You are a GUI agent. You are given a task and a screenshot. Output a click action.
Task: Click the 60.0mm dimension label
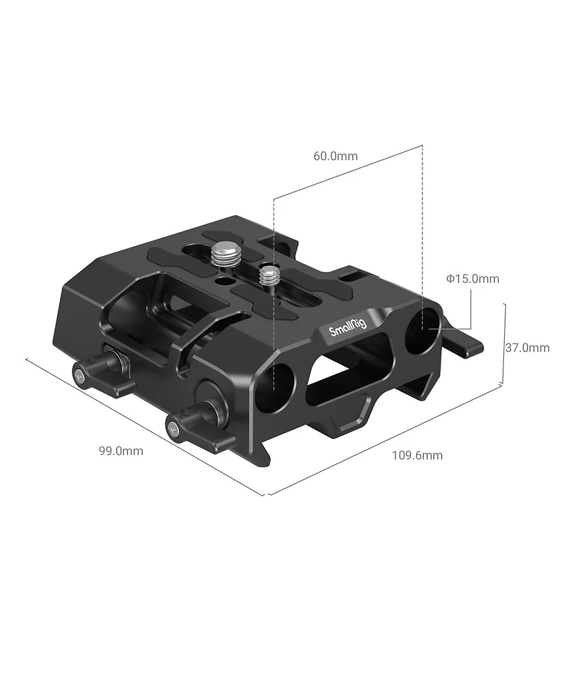pos(336,156)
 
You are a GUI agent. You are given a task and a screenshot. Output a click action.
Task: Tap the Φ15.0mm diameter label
pos(472,279)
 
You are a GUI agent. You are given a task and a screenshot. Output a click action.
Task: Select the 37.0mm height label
pos(527,347)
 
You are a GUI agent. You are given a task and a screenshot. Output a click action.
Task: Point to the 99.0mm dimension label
pos(121,451)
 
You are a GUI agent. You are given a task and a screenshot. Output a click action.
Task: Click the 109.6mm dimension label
pos(417,455)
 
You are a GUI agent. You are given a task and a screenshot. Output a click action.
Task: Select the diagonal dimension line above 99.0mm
pos(141,425)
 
